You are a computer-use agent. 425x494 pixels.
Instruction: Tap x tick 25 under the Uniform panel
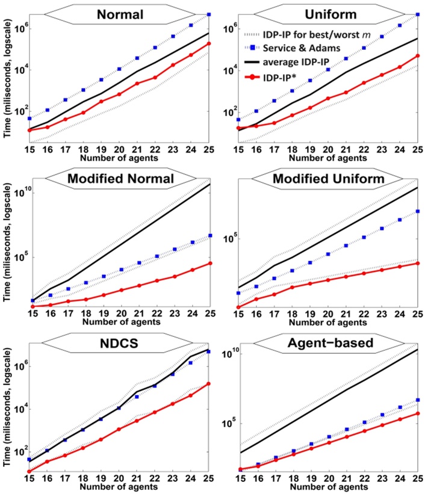418,147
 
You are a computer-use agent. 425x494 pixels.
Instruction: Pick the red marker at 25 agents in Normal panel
208,43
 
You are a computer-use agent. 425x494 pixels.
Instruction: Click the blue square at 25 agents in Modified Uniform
418,211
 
